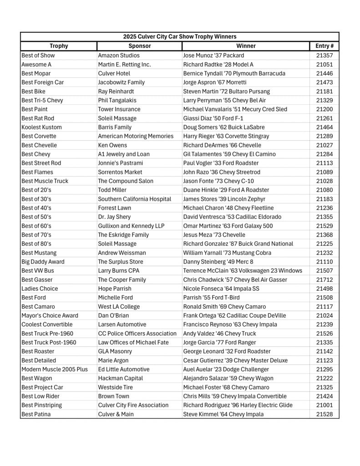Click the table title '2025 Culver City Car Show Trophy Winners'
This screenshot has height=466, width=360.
pyautogui.click(x=180, y=37)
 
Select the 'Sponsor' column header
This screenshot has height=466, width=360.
pyautogui.click(x=139, y=46)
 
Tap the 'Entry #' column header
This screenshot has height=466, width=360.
pyautogui.click(x=324, y=46)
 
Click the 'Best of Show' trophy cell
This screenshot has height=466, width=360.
pyautogui.click(x=38, y=56)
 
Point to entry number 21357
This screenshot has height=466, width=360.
pyautogui.click(x=324, y=56)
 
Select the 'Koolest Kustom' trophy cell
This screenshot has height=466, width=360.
pyautogui.click(x=42, y=127)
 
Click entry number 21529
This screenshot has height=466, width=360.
pyautogui.click(x=324, y=226)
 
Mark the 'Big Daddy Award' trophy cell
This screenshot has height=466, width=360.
pyautogui.click(x=43, y=262)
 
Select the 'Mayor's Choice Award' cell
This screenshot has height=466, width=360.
pyautogui.click(x=50, y=315)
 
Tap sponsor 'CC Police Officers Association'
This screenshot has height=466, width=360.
pyautogui.click(x=137, y=334)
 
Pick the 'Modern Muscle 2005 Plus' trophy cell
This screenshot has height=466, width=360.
pyautogui.click(x=55, y=369)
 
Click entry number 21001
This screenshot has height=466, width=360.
pyautogui.click(x=324, y=405)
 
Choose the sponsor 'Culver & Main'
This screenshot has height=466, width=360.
pyautogui.click(x=116, y=414)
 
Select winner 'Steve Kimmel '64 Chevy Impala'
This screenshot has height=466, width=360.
pyautogui.click(x=223, y=414)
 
